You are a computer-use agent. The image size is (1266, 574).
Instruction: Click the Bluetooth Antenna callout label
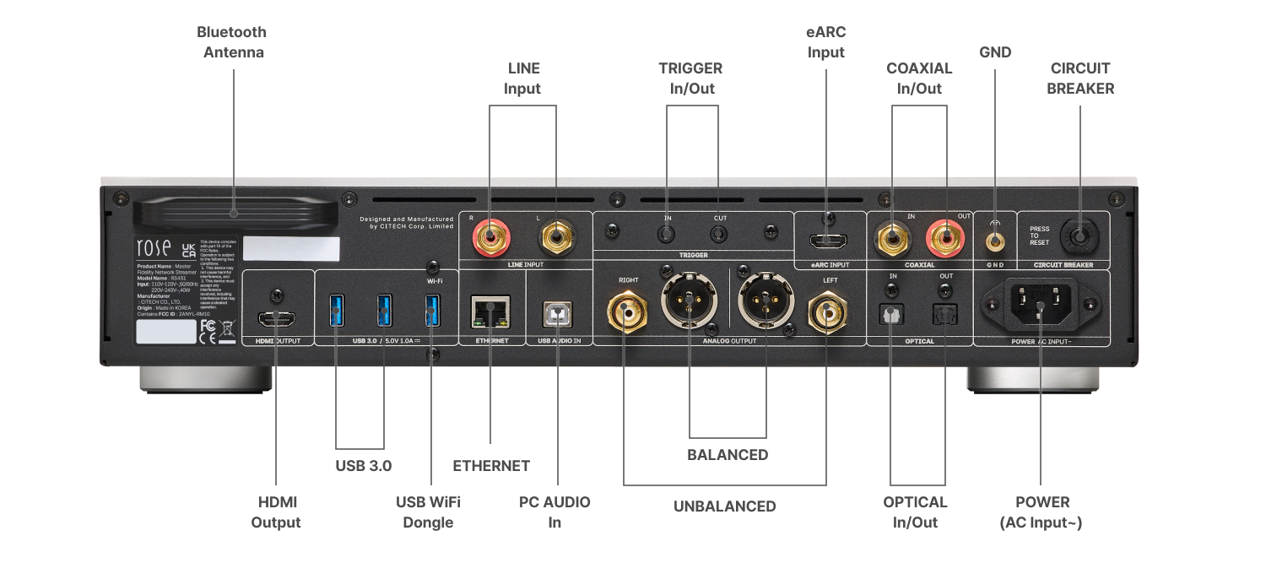tap(231, 42)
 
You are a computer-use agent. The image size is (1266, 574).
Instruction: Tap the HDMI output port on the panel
tap(275, 318)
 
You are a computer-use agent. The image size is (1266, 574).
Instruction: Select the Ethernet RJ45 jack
tap(489, 313)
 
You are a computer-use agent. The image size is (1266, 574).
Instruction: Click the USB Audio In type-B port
tap(557, 314)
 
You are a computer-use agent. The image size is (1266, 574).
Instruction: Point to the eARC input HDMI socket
tap(826, 241)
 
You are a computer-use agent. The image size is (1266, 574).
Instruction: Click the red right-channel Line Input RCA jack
tap(490, 239)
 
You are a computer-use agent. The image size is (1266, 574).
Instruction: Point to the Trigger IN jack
tap(667, 231)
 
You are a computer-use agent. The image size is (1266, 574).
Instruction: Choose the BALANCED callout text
tap(728, 455)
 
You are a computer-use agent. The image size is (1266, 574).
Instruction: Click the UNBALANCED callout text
tap(724, 506)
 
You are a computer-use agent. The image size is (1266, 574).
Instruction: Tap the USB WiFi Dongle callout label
tap(428, 512)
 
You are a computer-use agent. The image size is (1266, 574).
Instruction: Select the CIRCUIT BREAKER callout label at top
tap(1080, 78)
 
